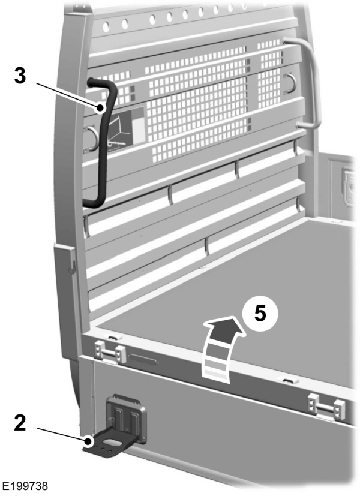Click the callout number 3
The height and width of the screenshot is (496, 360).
coord(20,76)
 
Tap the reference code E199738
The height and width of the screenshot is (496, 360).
coord(25,486)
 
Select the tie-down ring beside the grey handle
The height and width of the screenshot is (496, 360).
coord(290,83)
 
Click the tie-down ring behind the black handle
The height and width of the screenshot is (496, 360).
coord(91,138)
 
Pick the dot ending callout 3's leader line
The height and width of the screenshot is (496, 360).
coord(101,108)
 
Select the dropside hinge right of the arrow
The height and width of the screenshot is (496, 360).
coord(326,407)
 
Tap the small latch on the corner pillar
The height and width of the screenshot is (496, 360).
coord(72,265)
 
